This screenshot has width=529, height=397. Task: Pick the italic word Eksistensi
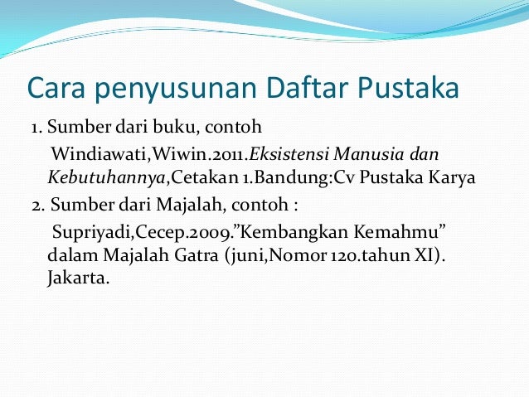pos(287,155)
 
